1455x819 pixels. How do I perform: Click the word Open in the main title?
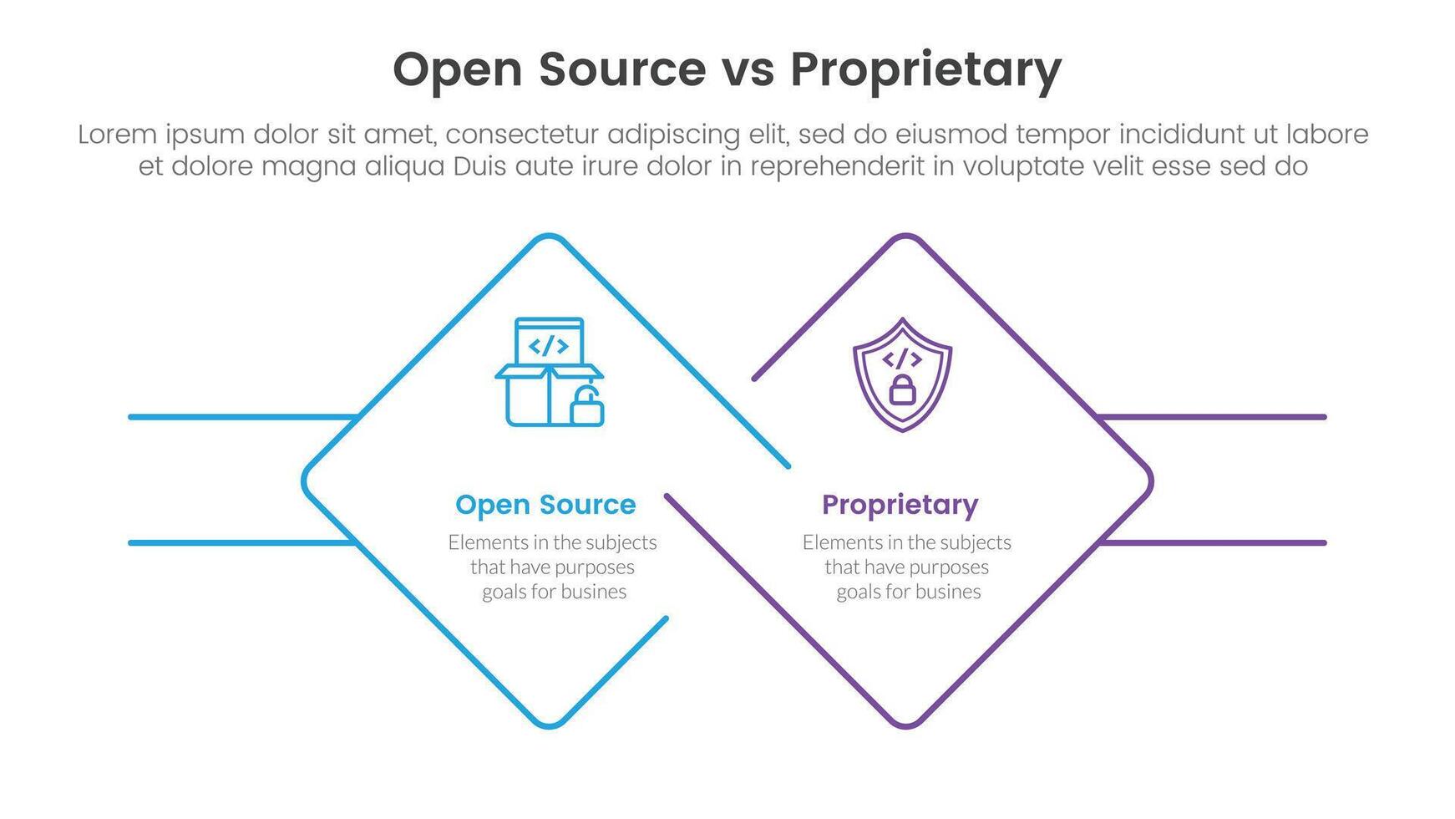[x=458, y=70]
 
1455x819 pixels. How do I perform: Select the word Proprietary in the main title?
[x=925, y=70]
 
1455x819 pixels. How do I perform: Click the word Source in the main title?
[x=622, y=70]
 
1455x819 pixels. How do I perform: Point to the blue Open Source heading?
[x=545, y=505]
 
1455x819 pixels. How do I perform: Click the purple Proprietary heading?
[x=900, y=505]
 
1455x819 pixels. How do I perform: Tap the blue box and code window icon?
[x=549, y=372]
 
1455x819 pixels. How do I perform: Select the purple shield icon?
[x=902, y=374]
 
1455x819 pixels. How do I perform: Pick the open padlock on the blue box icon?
[x=586, y=407]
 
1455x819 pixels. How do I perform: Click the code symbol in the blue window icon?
[x=549, y=345]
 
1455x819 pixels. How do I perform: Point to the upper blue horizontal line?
[x=242, y=416]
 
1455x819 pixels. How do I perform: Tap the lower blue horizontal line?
[x=242, y=543]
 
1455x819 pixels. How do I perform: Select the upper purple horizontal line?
[x=1211, y=416]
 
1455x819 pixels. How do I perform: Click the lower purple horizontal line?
[x=1211, y=543]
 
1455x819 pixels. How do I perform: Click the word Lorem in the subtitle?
[x=117, y=135]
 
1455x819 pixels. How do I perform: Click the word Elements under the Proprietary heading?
[x=837, y=542]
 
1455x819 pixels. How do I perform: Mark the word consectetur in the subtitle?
[x=527, y=135]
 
